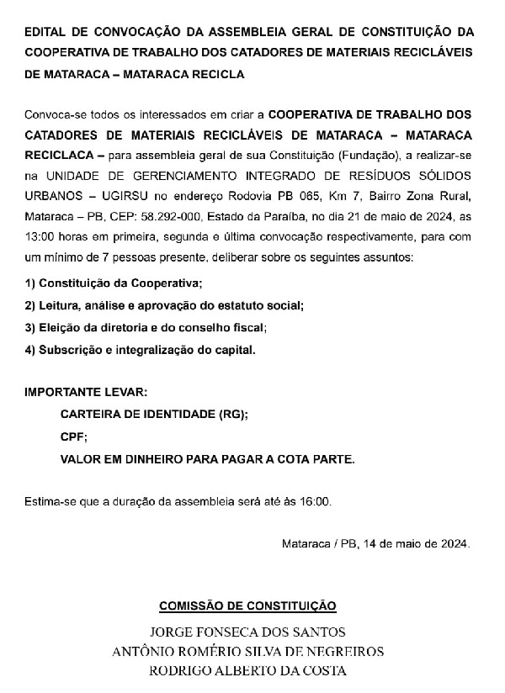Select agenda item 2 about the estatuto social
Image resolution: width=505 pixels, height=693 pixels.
point(164,305)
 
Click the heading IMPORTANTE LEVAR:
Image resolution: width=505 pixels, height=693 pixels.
point(86,393)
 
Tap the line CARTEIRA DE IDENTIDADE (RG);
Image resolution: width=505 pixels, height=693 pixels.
point(154,415)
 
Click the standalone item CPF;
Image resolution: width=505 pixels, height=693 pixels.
point(73,436)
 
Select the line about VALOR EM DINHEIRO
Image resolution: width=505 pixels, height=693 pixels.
point(208,458)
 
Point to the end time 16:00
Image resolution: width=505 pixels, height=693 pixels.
point(316,502)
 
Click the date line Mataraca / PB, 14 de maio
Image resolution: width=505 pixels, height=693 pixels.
point(375,543)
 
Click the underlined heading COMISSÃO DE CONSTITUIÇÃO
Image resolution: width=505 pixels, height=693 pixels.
point(247,606)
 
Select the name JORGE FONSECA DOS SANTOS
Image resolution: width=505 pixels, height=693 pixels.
point(247,632)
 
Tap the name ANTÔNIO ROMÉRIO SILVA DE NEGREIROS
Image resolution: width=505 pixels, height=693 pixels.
point(247,652)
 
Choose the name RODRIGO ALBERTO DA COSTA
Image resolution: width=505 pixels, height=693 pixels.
point(247,671)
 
